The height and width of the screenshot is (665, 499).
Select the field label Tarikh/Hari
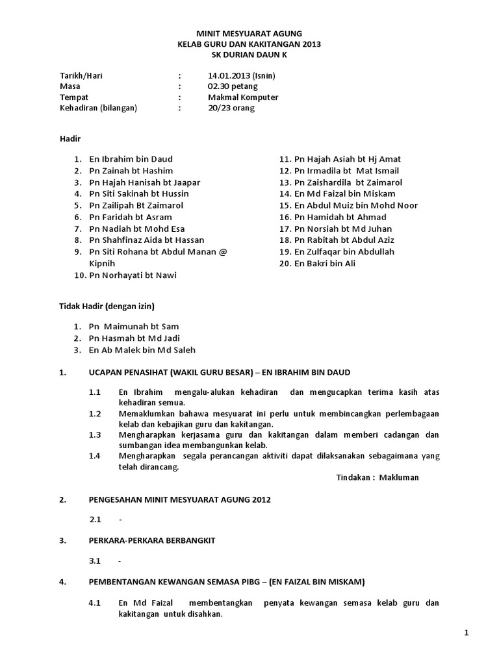pyautogui.click(x=81, y=75)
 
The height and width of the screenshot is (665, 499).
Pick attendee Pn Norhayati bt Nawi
pyautogui.click(x=133, y=275)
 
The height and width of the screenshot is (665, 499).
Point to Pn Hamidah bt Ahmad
pyautogui.click(x=340, y=217)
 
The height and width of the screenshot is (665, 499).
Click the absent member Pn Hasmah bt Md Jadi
pyautogui.click(x=134, y=338)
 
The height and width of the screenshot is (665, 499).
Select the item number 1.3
pyautogui.click(x=96, y=434)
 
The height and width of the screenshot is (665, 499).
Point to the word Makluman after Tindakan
pyautogui.click(x=399, y=477)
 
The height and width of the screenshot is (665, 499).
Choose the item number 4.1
pyautogui.click(x=96, y=603)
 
